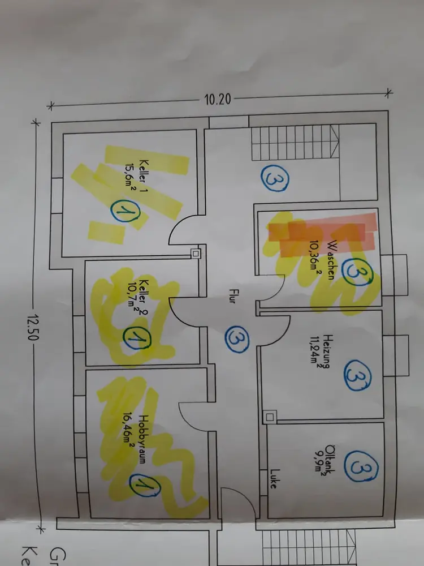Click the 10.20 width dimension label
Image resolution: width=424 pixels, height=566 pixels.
[217, 99]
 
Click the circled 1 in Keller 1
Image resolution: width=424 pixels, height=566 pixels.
[122, 212]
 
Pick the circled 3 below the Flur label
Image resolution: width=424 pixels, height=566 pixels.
[236, 339]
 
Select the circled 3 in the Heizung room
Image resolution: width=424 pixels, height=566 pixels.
[358, 375]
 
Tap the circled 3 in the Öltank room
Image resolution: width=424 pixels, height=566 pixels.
[358, 468]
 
